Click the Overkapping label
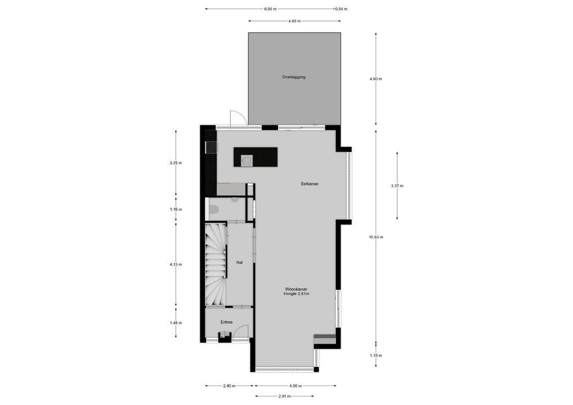click(294, 77)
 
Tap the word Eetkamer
click(310, 184)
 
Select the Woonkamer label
click(296, 289)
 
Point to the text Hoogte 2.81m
click(296, 294)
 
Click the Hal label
click(239, 262)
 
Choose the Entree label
click(226, 322)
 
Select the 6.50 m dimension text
click(271, 9)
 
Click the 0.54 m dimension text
click(341, 9)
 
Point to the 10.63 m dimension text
click(376, 237)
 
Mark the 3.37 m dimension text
click(397, 186)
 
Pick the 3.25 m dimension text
click(176, 163)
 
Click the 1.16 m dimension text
click(176, 209)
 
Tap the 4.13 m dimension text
click(176, 264)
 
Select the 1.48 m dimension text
click(176, 323)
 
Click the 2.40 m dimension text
click(229, 386)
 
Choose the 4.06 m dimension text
click(296, 386)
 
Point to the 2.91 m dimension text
click(285, 396)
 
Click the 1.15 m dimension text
click(376, 355)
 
